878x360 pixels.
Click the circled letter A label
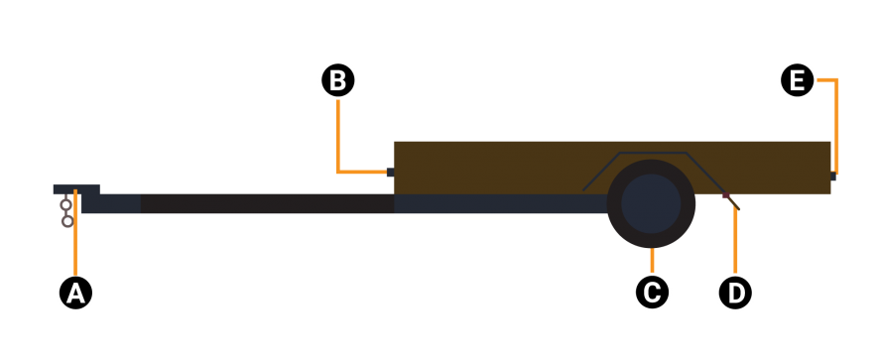point(75,293)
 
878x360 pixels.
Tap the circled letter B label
point(337,80)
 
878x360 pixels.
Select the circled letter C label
point(652,292)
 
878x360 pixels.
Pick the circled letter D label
point(735,292)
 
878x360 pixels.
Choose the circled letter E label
point(797,80)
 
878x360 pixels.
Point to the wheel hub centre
point(651,203)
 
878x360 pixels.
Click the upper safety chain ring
point(65,205)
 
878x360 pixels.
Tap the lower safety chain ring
point(67,221)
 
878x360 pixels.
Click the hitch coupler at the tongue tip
point(76,189)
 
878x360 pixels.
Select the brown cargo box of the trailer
point(612,168)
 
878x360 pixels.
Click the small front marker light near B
point(390,172)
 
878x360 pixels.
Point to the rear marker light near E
point(833,176)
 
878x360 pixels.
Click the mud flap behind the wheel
point(731,201)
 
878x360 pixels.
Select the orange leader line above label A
point(75,232)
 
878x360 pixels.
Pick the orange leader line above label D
point(735,241)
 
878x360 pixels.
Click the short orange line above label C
point(652,262)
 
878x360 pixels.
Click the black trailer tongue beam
point(267,203)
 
